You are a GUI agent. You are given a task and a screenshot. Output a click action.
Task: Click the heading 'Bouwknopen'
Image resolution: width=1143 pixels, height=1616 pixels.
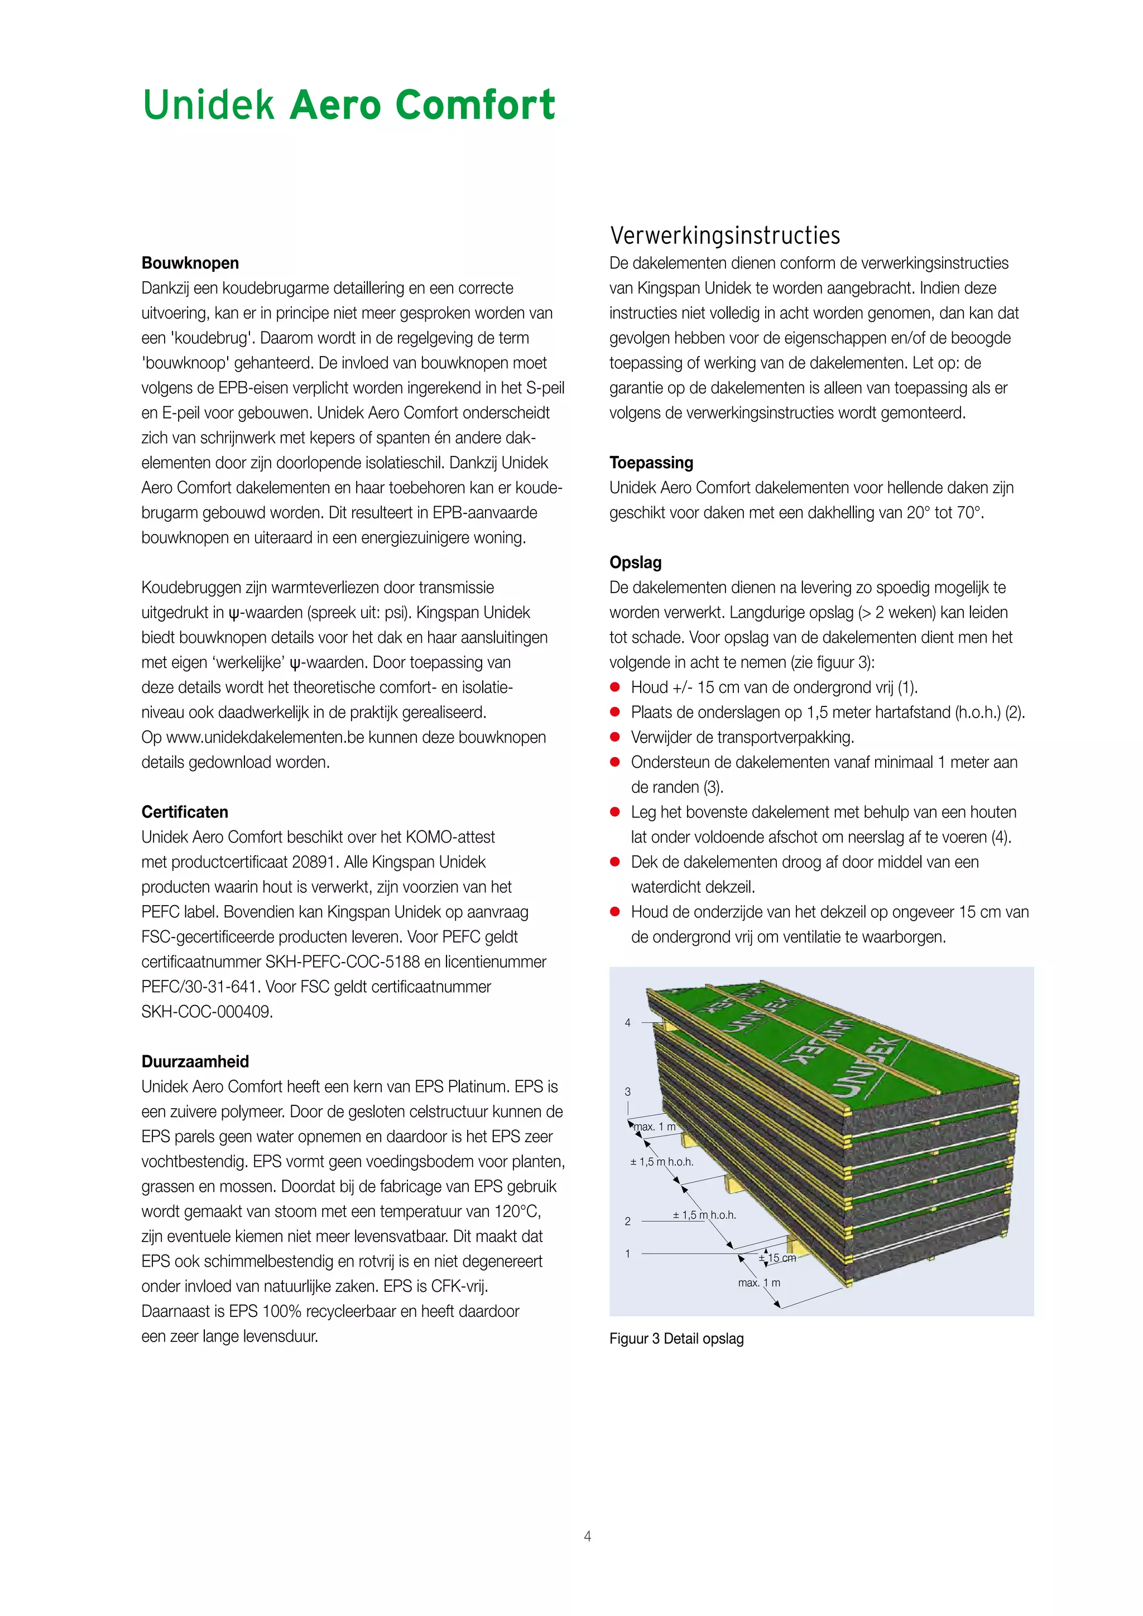190,263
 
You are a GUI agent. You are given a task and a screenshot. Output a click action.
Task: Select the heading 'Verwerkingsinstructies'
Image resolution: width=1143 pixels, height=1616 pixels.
725,235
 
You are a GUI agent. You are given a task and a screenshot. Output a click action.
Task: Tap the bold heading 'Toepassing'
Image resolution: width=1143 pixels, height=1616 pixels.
651,463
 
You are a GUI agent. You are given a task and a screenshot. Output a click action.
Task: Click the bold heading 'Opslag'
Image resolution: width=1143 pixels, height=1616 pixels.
636,562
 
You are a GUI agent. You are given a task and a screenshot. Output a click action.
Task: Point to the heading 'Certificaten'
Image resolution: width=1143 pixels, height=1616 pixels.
184,812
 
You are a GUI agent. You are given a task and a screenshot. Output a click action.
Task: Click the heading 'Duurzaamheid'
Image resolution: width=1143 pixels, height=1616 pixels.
195,1061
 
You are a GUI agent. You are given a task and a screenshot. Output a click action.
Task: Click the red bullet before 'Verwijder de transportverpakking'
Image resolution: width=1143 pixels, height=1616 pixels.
615,737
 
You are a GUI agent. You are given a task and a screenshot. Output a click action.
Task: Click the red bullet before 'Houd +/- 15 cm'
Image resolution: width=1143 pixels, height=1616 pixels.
615,687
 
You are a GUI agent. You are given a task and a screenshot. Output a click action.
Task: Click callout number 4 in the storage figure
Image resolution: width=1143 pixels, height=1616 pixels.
628,1023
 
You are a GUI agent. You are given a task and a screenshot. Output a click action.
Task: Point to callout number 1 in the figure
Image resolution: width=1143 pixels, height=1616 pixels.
628,1253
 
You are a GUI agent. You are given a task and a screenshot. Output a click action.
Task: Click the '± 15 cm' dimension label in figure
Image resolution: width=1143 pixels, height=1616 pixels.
777,1258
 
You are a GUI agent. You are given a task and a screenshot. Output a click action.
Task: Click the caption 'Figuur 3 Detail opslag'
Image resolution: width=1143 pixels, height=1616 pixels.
676,1339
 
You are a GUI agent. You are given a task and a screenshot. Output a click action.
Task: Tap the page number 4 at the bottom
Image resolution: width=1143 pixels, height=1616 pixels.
587,1536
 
